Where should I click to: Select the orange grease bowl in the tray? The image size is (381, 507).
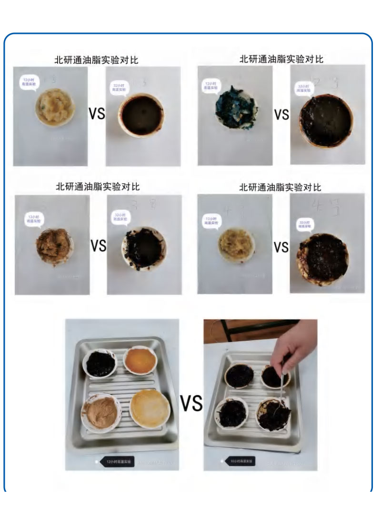(140, 361)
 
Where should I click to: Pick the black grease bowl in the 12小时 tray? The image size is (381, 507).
(100, 363)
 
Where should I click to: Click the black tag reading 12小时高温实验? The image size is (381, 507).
(117, 461)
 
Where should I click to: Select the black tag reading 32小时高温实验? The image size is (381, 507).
(242, 461)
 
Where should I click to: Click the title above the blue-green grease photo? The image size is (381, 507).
(281, 59)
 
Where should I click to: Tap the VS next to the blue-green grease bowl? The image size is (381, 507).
(281, 114)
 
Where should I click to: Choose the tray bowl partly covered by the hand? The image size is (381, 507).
(275, 375)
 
